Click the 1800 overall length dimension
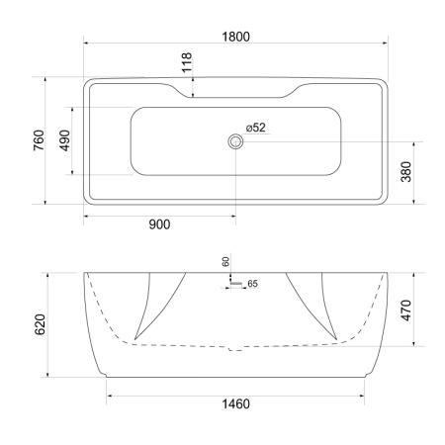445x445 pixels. tap(235, 36)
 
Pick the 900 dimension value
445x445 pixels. tap(159, 223)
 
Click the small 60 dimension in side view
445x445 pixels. tap(225, 261)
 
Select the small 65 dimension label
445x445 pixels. tap(251, 284)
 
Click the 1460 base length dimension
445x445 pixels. tap(235, 405)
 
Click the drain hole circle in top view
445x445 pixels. tap(235, 141)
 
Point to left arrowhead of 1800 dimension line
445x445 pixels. tap(87, 45)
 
